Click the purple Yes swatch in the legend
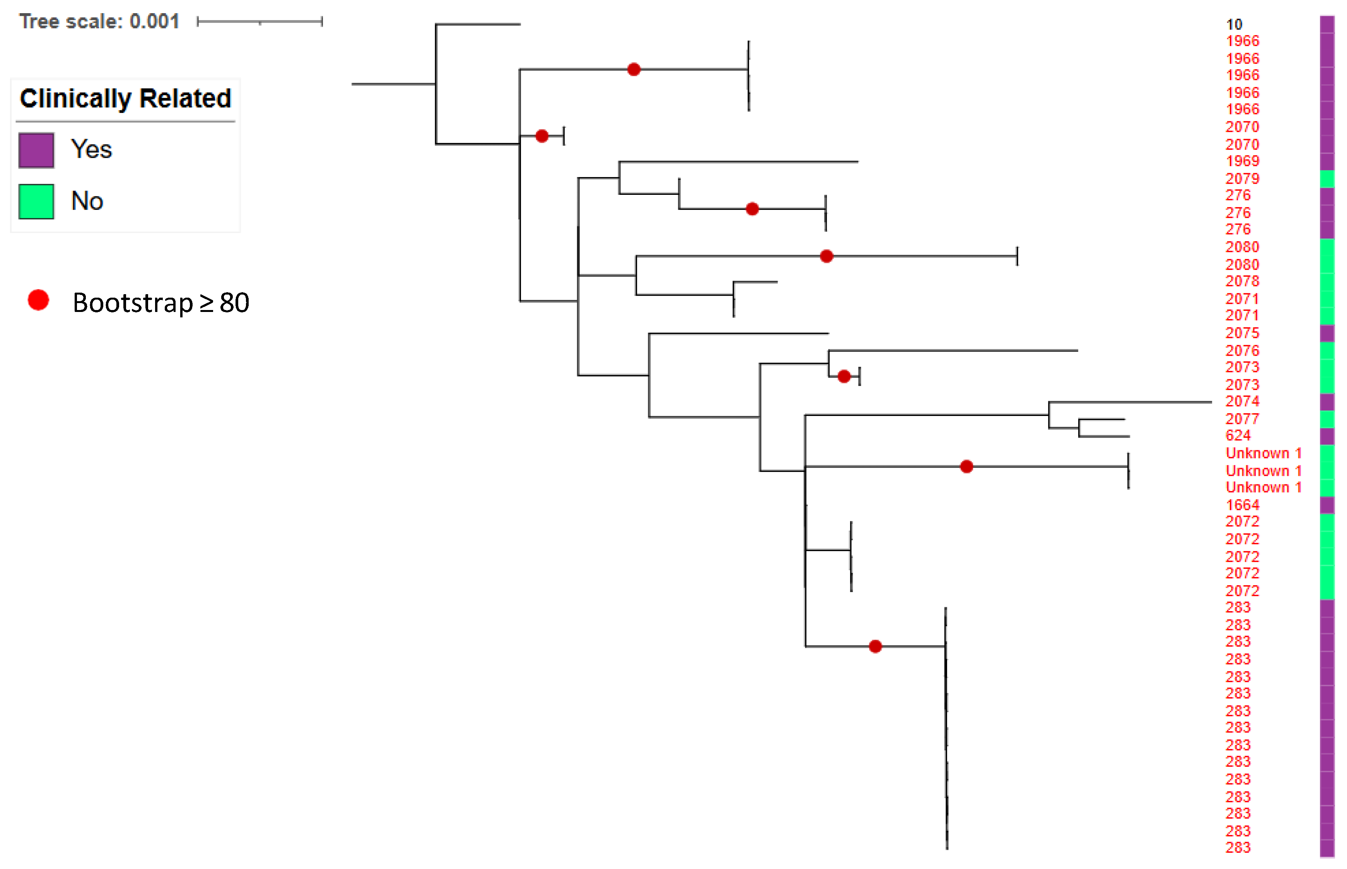coord(36,150)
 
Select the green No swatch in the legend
coord(36,201)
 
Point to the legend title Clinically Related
coord(125,98)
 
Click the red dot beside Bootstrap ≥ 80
coord(38,300)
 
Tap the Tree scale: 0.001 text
coord(99,21)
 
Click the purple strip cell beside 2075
coord(1327,333)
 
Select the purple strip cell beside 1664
coord(1327,504)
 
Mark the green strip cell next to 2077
coord(1327,419)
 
